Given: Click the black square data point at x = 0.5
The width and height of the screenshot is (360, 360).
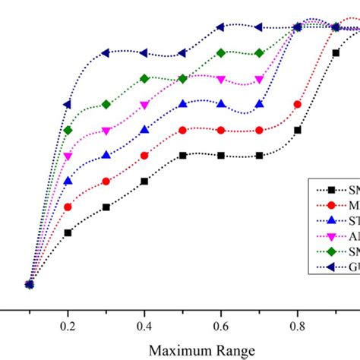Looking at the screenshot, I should click(182, 155).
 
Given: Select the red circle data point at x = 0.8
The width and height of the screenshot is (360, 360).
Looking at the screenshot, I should click(297, 105).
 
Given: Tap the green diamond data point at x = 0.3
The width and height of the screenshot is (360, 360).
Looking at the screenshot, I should click(106, 104).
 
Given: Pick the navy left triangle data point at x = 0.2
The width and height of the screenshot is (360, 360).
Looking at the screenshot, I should click(68, 104).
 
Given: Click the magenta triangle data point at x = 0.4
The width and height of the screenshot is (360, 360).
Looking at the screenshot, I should click(144, 106).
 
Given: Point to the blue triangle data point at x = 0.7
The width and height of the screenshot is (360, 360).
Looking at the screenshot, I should click(259, 104).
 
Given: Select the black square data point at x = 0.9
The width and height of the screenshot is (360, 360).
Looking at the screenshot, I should click(336, 53).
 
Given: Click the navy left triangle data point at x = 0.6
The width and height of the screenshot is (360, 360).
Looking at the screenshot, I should click(220, 27).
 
